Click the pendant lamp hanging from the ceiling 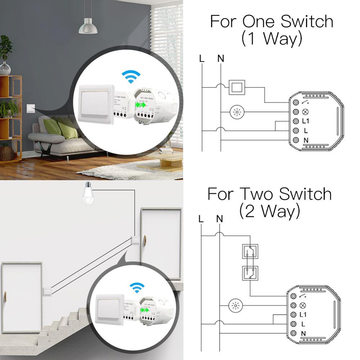click(x=88, y=27)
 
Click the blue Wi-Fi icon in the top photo click(x=131, y=77)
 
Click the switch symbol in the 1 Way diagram click(x=237, y=87)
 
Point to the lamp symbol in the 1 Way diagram click(x=237, y=112)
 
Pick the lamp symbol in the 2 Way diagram click(x=236, y=306)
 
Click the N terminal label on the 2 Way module click(x=303, y=334)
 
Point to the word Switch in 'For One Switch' click(x=307, y=22)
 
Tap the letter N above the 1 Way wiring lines click(x=221, y=58)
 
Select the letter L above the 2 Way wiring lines click(x=201, y=219)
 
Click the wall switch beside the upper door click(x=135, y=239)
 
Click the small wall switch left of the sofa click(x=31, y=107)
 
